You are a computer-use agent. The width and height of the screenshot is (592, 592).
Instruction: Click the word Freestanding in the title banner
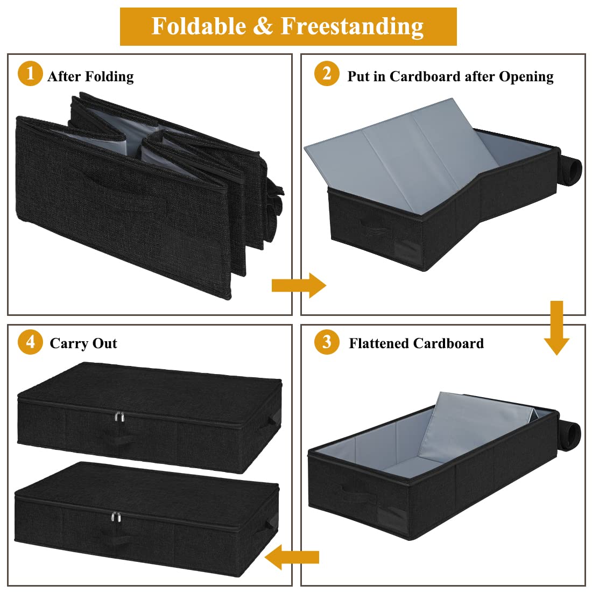click(352, 26)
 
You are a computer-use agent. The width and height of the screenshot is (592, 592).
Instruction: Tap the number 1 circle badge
click(30, 73)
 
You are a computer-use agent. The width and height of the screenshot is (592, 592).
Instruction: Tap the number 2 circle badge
click(327, 73)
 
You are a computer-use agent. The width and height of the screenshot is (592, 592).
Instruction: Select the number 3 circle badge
click(327, 342)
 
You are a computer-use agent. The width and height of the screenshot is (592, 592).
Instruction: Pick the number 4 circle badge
click(30, 342)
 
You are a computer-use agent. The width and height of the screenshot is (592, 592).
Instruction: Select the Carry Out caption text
click(83, 343)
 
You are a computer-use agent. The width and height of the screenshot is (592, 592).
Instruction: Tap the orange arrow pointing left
click(292, 556)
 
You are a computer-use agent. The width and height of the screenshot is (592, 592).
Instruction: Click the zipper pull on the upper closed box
click(119, 417)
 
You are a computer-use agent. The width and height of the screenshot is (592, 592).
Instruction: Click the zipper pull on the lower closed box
click(115, 517)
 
